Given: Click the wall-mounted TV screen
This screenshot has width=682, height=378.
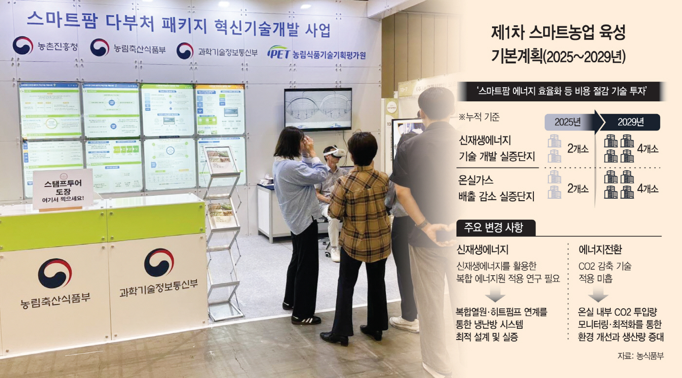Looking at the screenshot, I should [318, 109].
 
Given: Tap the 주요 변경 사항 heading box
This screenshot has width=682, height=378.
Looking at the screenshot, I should [495, 228].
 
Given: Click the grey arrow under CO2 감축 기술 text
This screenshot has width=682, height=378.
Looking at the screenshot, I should [598, 296].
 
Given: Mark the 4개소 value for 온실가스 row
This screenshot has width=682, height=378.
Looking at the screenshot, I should [647, 189].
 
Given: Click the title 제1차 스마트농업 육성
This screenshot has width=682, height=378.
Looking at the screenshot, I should [558, 34].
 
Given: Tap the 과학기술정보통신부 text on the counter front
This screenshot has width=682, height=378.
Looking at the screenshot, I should [158, 288].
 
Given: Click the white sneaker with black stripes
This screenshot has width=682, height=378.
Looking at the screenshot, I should [306, 320].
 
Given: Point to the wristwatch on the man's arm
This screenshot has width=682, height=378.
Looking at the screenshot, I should [422, 224].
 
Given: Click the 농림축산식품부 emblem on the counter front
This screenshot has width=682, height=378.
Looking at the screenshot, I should [55, 273].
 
